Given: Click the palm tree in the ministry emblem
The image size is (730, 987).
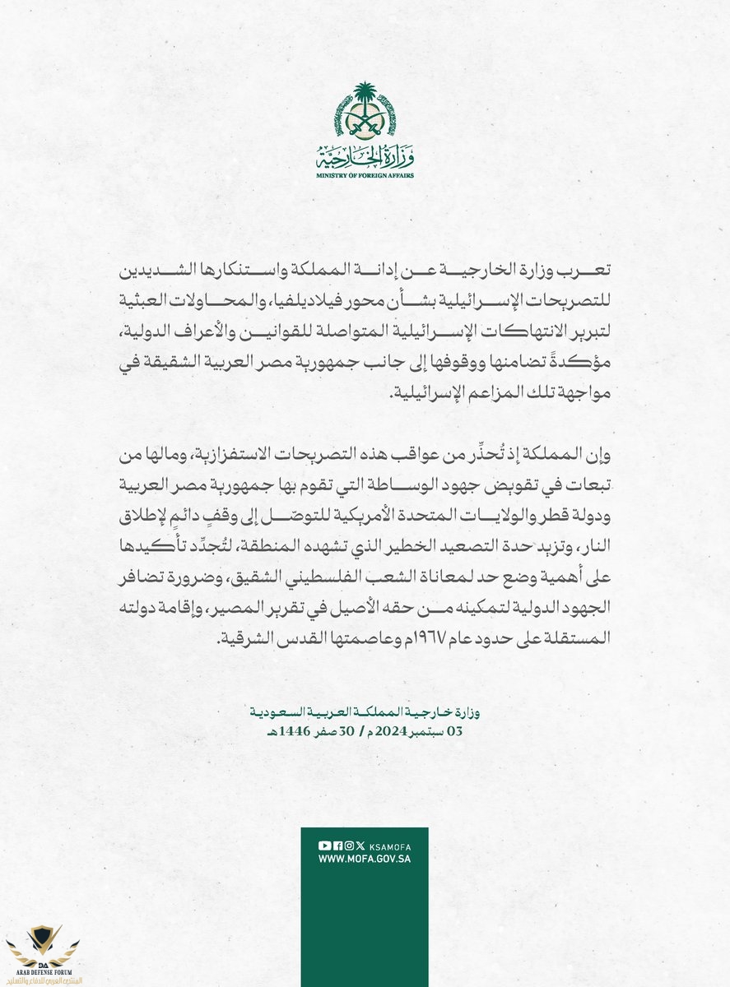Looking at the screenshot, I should (364, 98).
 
